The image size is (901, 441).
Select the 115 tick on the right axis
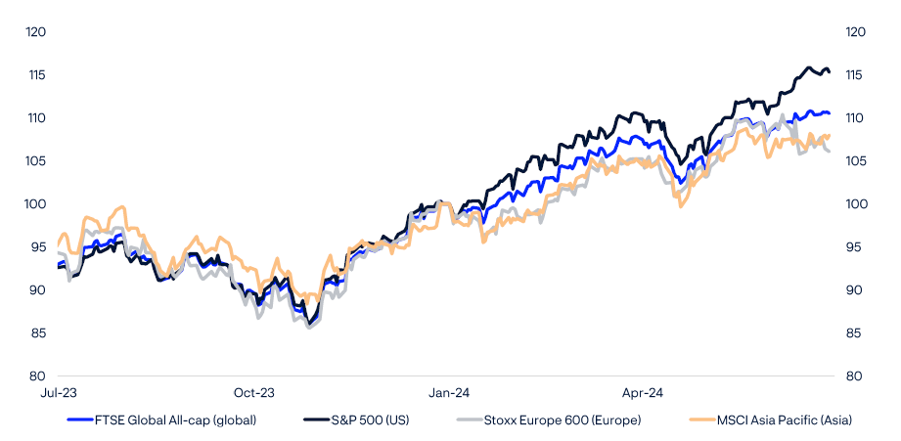(855, 75)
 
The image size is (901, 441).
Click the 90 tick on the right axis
(853, 290)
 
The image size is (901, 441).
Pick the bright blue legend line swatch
(79, 420)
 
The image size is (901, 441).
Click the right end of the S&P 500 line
(830, 70)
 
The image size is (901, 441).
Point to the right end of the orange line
(830, 136)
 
